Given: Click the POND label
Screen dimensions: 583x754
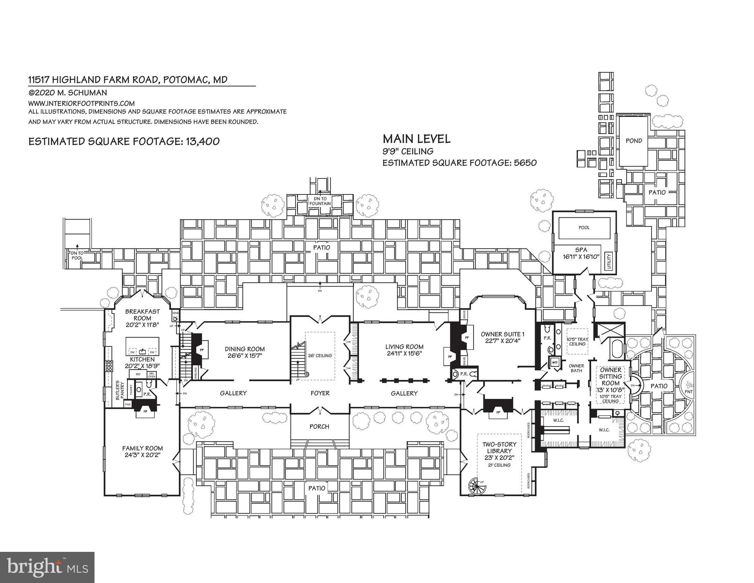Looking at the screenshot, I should (634, 141).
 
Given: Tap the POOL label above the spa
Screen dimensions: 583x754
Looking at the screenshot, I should (584, 228).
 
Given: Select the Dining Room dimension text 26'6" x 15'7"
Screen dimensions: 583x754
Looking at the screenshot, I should (244, 356).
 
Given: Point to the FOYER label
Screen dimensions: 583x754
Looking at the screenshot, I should (320, 393).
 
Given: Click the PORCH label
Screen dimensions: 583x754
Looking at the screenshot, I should (319, 427).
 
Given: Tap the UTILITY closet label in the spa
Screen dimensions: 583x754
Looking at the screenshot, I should (609, 262).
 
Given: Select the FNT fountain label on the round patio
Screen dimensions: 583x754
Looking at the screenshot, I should (689, 391).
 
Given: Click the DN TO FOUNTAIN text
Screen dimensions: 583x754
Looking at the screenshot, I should (320, 201).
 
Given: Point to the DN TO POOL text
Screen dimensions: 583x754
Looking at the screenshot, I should (77, 255).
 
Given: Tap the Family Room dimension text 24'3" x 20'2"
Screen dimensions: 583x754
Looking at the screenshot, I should (142, 455).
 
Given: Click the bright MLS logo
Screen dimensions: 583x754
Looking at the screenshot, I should (47, 567).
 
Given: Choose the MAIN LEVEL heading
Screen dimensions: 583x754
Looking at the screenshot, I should (416, 139).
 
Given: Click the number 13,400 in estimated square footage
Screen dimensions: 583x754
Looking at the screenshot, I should (202, 141).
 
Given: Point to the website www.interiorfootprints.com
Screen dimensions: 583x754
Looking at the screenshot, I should (81, 103).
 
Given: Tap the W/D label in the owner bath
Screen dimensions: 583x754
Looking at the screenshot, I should (554, 362).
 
